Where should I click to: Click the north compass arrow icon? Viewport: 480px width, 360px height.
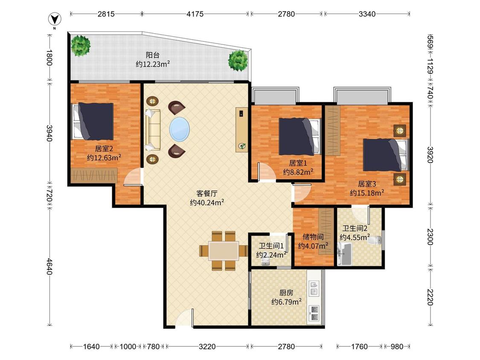55,19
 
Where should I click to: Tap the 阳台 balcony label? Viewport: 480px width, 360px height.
152,55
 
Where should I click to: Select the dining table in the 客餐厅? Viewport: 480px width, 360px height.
224,251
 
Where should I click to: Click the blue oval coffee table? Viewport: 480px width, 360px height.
180,128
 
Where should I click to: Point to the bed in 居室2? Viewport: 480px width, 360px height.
93,121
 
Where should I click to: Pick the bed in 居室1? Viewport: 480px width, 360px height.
299,136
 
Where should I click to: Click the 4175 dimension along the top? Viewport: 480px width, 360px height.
195,14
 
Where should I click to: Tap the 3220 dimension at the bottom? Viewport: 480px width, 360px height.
207,346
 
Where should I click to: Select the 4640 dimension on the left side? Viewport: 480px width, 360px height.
49,267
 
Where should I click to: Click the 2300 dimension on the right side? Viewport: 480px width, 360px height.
430,237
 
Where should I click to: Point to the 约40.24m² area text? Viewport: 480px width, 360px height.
207,202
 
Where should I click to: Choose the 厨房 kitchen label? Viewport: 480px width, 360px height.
286,293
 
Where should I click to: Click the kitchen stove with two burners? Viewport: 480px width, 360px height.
314,313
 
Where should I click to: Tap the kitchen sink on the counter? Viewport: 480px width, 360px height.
314,288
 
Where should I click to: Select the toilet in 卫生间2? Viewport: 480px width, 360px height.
375,240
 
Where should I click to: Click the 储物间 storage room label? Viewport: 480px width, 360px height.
313,237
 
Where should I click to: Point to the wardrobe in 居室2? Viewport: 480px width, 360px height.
94,175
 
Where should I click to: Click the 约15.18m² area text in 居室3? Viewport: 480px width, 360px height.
367,193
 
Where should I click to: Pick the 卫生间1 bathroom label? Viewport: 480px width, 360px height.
271,246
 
